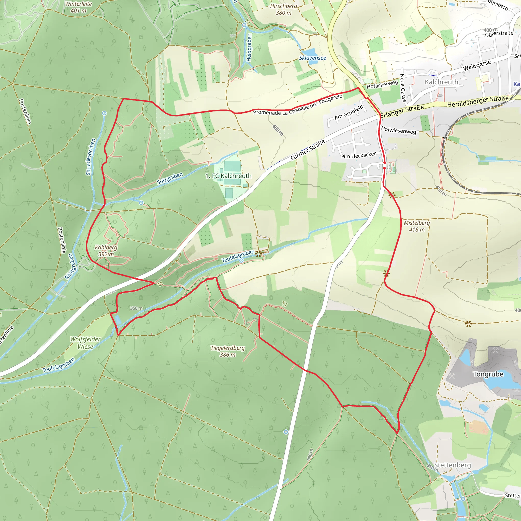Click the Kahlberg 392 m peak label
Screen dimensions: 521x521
(x=106, y=251)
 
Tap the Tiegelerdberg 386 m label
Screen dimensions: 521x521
(x=228, y=351)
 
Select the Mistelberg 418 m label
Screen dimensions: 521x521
(x=417, y=226)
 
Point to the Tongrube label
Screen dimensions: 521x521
(x=488, y=374)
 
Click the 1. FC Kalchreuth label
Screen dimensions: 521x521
(x=228, y=176)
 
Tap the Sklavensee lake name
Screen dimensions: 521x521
(x=312, y=58)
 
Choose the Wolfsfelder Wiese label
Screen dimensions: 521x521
(x=85, y=343)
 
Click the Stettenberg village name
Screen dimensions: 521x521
(x=452, y=465)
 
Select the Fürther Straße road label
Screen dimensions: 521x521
(x=308, y=150)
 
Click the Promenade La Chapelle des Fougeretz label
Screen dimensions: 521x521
(x=298, y=105)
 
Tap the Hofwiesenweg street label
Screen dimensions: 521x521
(x=398, y=130)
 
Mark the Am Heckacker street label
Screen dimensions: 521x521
(x=359, y=155)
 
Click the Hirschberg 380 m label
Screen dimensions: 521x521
(x=283, y=9)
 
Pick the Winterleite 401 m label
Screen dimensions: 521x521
(x=78, y=7)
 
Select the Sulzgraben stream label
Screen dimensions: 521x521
(x=170, y=178)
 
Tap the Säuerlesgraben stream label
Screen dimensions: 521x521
(x=91, y=157)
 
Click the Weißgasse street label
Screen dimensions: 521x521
(x=477, y=66)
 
